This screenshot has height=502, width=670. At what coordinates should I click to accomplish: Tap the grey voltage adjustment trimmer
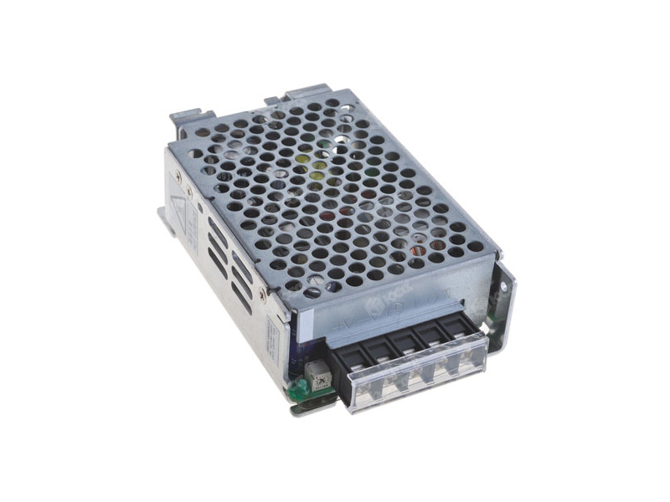tap(317, 373)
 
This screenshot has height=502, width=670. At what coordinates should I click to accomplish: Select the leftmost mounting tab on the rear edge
tap(188, 118)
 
